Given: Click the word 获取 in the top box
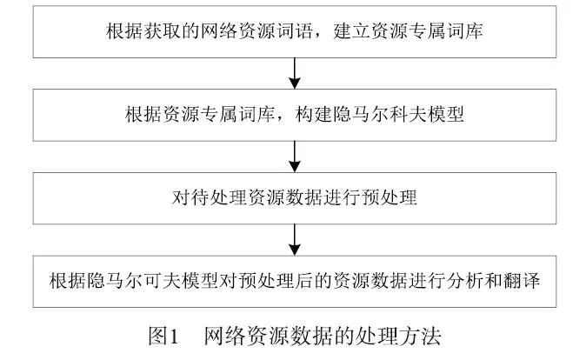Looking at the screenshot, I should tap(157, 31).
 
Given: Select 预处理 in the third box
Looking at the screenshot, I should tap(394, 198).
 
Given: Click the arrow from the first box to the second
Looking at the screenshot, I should tap(295, 73).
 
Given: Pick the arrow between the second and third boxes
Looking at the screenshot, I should tap(295, 157).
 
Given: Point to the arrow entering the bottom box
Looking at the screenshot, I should tap(295, 240).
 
